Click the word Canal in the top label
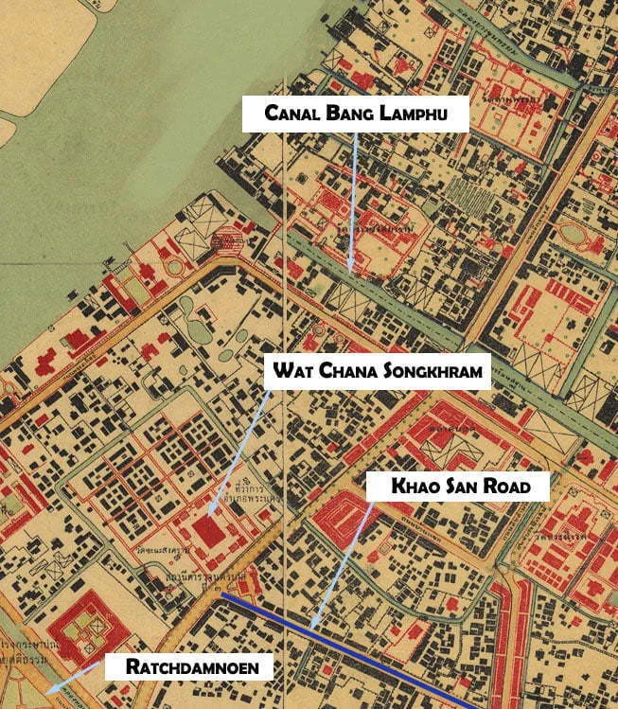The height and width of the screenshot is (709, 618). (287, 117)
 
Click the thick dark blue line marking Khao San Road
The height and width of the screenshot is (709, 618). (360, 653)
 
